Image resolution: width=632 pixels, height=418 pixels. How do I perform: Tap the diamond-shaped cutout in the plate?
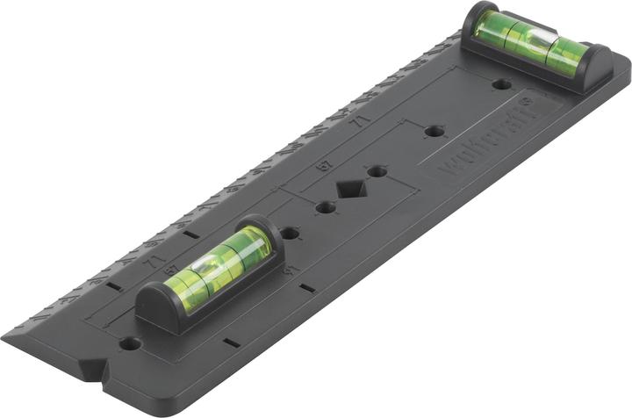[x=351, y=189]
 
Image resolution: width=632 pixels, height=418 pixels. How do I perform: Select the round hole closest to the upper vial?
[x=501, y=85]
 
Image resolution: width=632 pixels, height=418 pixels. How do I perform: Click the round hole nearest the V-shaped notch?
[x=130, y=343]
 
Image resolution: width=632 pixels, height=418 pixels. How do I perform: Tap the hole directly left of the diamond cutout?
[x=326, y=208]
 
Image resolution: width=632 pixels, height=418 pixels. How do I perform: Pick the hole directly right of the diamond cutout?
[x=377, y=170]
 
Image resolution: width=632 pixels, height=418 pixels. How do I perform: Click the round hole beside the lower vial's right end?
[x=290, y=234]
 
